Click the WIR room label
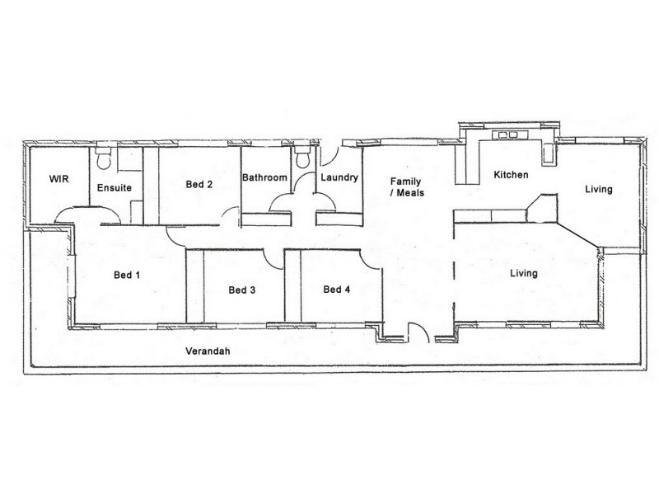pos(58,178)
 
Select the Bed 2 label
pos(199,185)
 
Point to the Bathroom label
pos(264,177)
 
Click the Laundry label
pos(339,177)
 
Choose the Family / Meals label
pos(406,186)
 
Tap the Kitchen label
pos(511,175)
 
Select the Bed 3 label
pos(242,290)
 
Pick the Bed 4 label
pos(337,289)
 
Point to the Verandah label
pos(208,351)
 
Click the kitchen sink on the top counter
pos(506,134)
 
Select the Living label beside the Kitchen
pos(599,190)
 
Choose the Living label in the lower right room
pos(523,273)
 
